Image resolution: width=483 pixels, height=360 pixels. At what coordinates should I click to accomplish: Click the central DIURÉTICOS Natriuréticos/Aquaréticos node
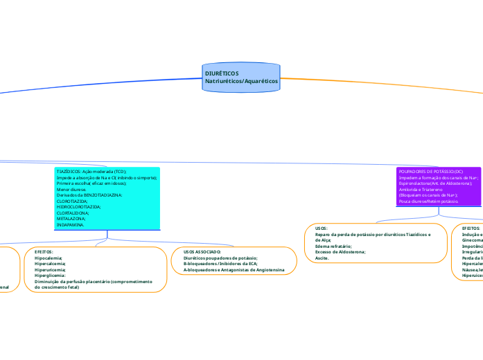241,77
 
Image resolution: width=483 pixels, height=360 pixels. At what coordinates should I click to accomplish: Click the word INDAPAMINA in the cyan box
71,225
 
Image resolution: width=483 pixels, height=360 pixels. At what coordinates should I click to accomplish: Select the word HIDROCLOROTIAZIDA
78,207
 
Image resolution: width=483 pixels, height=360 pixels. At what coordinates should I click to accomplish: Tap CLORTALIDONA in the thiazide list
73,213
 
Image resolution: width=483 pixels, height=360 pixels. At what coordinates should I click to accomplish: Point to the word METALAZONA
71,219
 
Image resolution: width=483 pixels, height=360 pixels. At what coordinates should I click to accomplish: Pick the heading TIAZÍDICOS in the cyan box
69,170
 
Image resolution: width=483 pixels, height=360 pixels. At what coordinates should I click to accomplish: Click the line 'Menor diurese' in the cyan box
71,189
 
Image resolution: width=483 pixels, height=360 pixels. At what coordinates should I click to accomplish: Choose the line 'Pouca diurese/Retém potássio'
428,201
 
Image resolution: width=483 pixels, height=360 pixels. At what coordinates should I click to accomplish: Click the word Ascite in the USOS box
322,257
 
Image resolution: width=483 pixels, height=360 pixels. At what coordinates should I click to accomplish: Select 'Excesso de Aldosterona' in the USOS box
340,251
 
